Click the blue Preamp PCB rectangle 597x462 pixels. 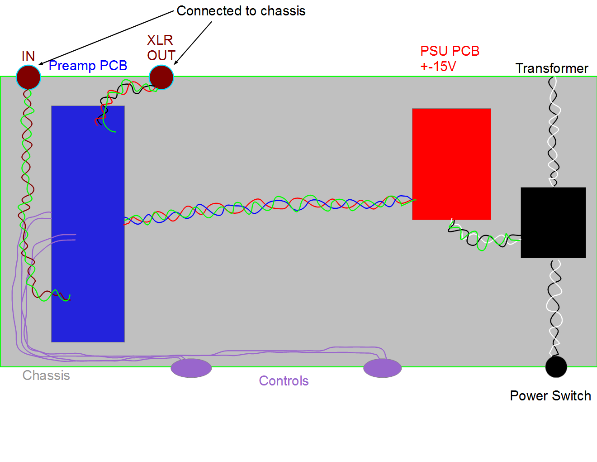[x=88, y=224]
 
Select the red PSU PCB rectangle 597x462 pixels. [x=451, y=164]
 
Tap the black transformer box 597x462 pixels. [x=553, y=222]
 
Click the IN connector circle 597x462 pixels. [x=28, y=77]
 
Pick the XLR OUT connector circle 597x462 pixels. [x=161, y=77]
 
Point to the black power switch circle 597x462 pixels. [x=556, y=367]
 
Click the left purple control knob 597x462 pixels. [x=191, y=368]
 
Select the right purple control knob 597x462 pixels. [x=383, y=368]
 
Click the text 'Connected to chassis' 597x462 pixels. [x=241, y=11]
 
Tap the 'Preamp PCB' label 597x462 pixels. [x=88, y=66]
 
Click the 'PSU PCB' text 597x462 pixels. [x=450, y=51]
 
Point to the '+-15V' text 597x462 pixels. [x=438, y=66]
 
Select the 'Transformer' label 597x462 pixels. [x=552, y=68]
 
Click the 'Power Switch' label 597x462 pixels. [x=550, y=396]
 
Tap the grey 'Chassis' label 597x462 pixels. [x=46, y=375]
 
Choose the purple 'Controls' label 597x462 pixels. [x=284, y=381]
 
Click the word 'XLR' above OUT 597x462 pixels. [x=160, y=40]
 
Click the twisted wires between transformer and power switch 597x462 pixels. [x=555, y=308]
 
